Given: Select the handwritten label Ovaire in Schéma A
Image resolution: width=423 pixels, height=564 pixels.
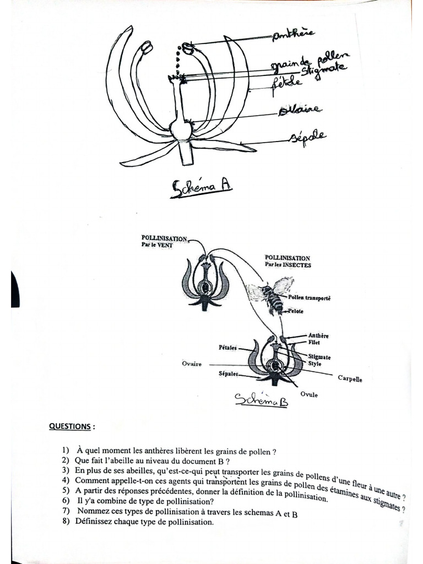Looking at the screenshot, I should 300,111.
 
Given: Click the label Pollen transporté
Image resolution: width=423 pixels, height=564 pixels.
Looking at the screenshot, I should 309,297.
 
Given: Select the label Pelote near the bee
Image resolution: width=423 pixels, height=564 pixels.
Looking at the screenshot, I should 296,311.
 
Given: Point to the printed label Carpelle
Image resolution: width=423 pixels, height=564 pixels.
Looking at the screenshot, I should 350,379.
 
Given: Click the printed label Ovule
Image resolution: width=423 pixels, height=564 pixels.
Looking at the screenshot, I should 309,394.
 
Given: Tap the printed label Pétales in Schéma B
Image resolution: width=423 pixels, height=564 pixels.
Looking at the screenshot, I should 227,348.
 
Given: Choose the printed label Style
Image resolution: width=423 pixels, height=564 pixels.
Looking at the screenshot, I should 315,364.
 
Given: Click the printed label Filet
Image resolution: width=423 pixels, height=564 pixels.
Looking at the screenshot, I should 314,342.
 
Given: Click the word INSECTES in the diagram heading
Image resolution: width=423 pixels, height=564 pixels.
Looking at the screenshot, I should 298,265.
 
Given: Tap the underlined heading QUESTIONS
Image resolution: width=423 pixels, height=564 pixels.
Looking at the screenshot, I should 72,426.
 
